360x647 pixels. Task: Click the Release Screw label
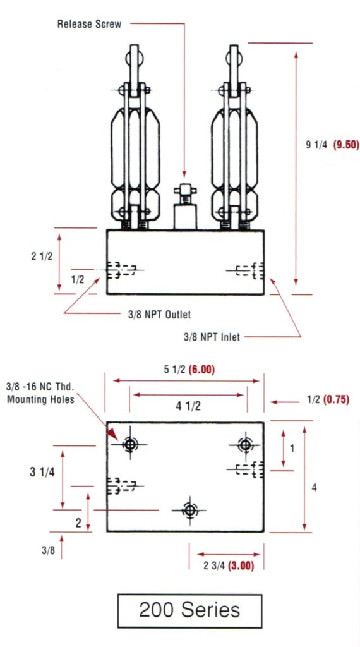(89, 25)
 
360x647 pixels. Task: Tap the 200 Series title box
(189, 610)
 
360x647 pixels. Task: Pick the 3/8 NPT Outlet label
(159, 314)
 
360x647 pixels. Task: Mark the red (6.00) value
(201, 370)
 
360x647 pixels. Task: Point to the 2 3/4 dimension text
(213, 565)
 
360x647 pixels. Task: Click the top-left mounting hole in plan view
(130, 445)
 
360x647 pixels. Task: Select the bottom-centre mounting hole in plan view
(189, 509)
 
